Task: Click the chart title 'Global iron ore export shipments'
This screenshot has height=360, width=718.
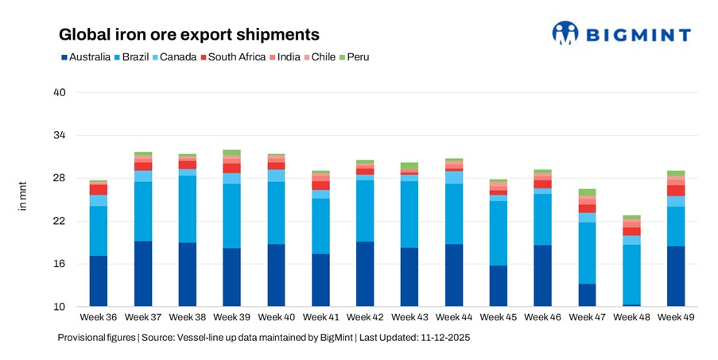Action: point(189,35)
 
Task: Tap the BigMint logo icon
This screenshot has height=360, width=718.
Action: point(565,33)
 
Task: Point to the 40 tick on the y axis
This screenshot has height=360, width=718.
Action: point(59,93)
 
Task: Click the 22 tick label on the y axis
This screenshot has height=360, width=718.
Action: point(59,221)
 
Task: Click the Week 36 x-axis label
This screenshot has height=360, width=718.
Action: point(99,317)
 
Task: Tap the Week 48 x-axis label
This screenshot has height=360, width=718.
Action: point(631,317)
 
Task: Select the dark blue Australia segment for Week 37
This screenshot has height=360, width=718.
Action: point(143,273)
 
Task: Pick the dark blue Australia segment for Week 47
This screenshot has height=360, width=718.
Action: point(587,295)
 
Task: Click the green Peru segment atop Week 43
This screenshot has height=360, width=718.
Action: point(409,165)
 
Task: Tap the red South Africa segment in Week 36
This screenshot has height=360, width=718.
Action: point(99,189)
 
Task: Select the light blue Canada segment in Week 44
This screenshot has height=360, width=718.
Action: point(454,177)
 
